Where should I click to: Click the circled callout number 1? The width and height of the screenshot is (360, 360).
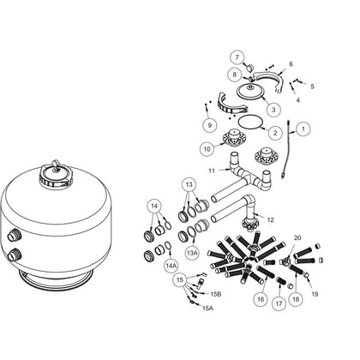(x=303, y=129)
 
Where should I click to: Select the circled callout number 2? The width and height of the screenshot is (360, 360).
(x=275, y=133)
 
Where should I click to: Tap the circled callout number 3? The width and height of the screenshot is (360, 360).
(x=273, y=110)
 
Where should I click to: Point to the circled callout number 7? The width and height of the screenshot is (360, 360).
(x=237, y=57)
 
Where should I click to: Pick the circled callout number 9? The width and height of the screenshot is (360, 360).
(x=210, y=125)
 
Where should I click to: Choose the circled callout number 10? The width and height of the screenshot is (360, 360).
(x=207, y=149)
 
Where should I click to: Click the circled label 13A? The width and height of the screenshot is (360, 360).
(x=193, y=253)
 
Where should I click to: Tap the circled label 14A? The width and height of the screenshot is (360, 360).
(x=171, y=266)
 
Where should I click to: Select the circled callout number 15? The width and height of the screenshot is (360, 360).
(x=180, y=279)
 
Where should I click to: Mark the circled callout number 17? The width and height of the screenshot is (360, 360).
(x=279, y=303)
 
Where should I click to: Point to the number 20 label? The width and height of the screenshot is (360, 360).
(x=297, y=237)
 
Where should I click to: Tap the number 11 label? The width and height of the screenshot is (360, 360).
(x=212, y=171)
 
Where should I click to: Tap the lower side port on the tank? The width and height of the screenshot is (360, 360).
(x=15, y=254)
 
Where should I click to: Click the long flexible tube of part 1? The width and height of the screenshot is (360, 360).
(x=287, y=148)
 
